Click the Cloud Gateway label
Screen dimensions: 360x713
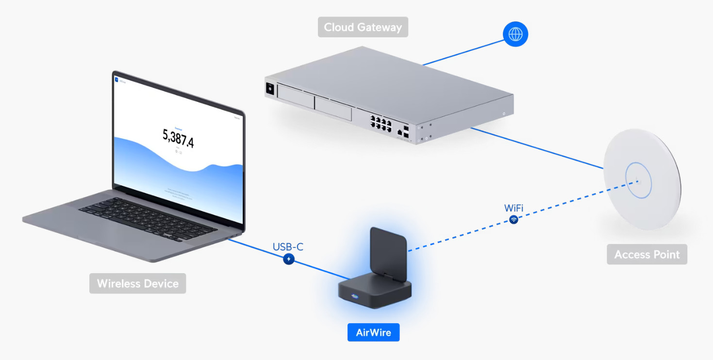pyautogui.click(x=363, y=27)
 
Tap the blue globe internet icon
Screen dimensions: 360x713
pyautogui.click(x=515, y=34)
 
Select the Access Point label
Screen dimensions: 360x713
pyautogui.click(x=647, y=255)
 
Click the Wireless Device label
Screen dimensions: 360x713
pyautogui.click(x=137, y=283)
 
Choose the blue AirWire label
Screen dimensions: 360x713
pyautogui.click(x=373, y=333)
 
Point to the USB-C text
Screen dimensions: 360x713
pyautogui.click(x=288, y=247)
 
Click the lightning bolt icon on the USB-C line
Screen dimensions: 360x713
pyautogui.click(x=289, y=260)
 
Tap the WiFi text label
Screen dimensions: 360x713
pyautogui.click(x=514, y=208)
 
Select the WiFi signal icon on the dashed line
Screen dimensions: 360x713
pyautogui.click(x=514, y=220)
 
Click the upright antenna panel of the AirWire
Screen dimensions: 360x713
pyautogui.click(x=388, y=250)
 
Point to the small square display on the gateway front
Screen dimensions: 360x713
pyautogui.click(x=270, y=89)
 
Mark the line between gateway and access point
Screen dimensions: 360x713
pyautogui.click(x=536, y=147)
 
